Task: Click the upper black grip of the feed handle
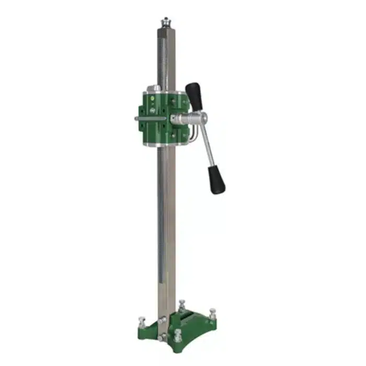pos(195,96)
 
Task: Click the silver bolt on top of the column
pos(167,22)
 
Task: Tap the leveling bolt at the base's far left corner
pos(141,320)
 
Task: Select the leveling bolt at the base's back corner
pos(181,304)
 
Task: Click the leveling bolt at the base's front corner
pos(178,334)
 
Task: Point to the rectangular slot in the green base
pos(189,319)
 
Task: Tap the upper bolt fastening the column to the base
pos(163,319)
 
